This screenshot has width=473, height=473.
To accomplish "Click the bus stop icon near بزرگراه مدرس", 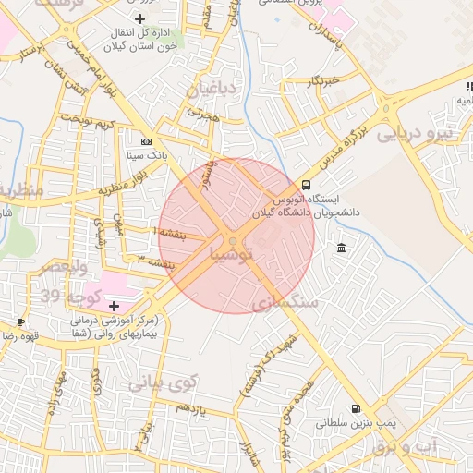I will pos(306,185).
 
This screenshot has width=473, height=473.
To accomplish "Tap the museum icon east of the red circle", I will pos(342,249).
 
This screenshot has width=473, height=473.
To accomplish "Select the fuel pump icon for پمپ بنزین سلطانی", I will pos(355,408).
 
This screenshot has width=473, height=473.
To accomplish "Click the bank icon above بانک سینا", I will pos(147,141).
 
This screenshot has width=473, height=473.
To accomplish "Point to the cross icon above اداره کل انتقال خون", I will pos(139,18).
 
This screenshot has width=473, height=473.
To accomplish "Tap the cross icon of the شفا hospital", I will pos(114,305).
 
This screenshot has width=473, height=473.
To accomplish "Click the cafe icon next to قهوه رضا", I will pos(20,322).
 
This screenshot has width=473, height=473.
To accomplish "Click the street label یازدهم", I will pos(190,407).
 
